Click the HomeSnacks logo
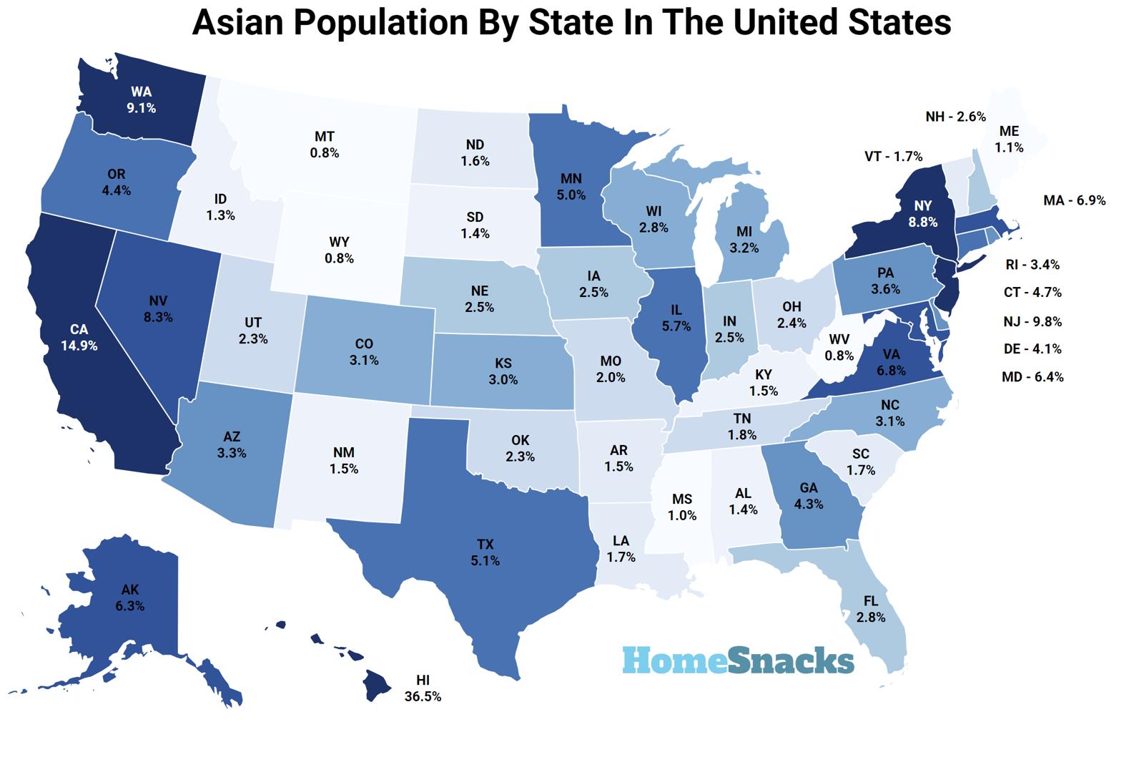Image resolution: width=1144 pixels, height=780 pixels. tap(738, 660)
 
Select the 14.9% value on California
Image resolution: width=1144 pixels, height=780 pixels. tap(79, 346)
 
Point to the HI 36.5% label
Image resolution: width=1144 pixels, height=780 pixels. tap(422, 688)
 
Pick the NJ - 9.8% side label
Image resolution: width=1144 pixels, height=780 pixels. tap(1032, 321)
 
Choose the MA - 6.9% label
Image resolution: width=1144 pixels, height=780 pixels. tap(1074, 200)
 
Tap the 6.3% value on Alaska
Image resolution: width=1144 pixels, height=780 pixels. tap(129, 606)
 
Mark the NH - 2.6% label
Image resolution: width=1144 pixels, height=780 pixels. tap(955, 116)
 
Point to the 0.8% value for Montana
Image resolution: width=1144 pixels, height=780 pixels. tap(325, 153)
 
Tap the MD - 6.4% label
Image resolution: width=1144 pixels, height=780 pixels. tap(1032, 376)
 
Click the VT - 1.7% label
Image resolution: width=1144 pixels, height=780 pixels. tap(893, 156)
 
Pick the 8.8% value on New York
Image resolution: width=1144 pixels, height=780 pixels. tap(922, 223)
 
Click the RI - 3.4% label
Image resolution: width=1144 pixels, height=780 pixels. tap(1032, 265)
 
